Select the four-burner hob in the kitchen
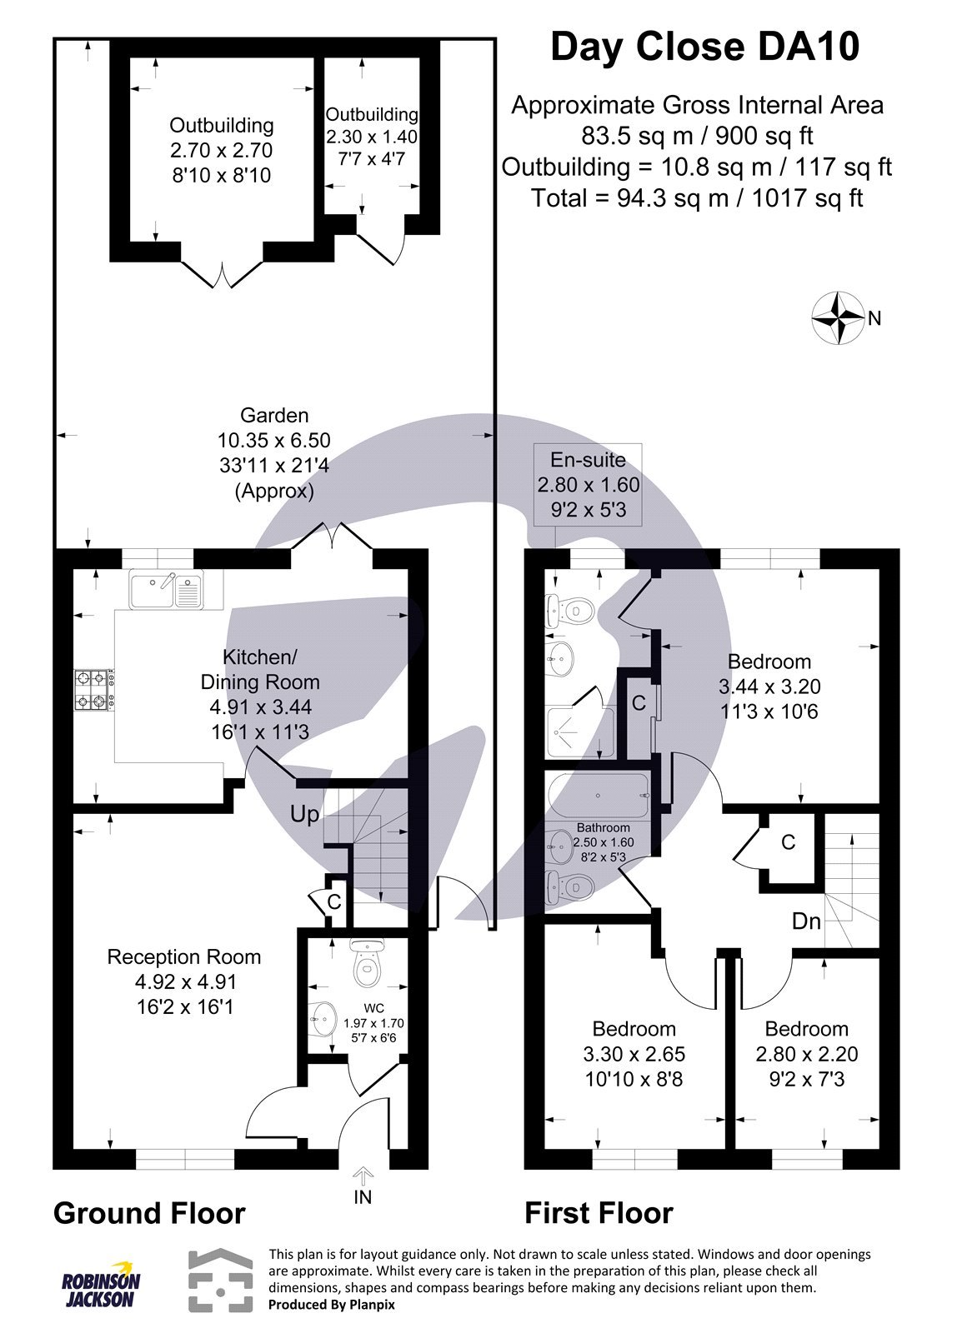94,690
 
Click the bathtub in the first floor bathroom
599,796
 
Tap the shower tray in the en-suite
581,732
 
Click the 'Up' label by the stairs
304,814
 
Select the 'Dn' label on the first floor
806,921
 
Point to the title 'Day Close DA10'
704,47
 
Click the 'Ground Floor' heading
149,1213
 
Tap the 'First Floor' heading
599,1213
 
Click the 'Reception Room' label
184,957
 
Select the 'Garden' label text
274,415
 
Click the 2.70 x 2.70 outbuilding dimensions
222,150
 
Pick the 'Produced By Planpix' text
331,1305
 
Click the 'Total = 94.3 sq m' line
697,198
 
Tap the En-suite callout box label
588,459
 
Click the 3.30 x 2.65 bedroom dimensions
634,1054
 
